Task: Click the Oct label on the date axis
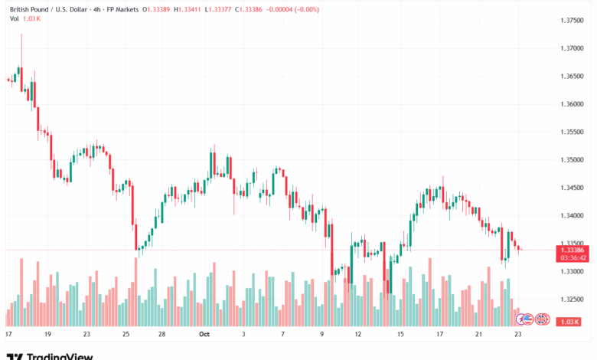coord(204,335)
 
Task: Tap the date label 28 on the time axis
coord(163,335)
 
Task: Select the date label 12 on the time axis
coord(357,335)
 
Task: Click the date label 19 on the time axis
coord(47,335)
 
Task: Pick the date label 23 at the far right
coord(518,335)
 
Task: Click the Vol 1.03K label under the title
coord(22,19)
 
